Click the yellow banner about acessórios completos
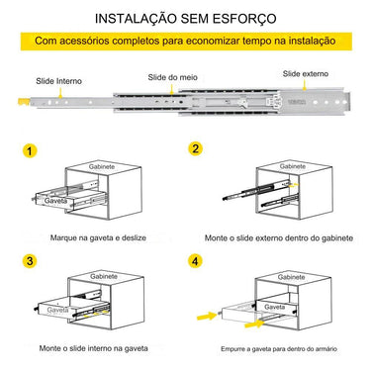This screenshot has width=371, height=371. pos(185,42)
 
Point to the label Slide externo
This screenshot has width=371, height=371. pos(306,73)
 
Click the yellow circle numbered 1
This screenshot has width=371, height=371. pos(31,151)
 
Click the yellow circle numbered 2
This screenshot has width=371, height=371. pos(196,148)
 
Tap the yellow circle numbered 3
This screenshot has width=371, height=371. pos(31,262)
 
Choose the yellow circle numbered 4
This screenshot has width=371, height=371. pos(196,262)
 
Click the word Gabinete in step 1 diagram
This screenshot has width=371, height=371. pos(102,169)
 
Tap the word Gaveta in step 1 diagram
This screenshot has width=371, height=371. pos(55,200)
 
